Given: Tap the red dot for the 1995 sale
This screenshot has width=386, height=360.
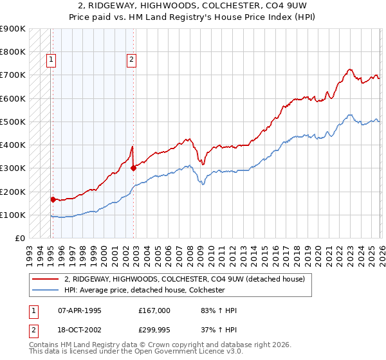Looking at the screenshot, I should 53,199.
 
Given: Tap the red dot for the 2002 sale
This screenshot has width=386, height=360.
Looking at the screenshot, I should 133,168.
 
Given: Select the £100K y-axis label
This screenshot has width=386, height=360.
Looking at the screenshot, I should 12,215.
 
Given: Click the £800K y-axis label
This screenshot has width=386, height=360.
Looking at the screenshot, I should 12,52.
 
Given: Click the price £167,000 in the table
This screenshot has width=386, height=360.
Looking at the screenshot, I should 154,310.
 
